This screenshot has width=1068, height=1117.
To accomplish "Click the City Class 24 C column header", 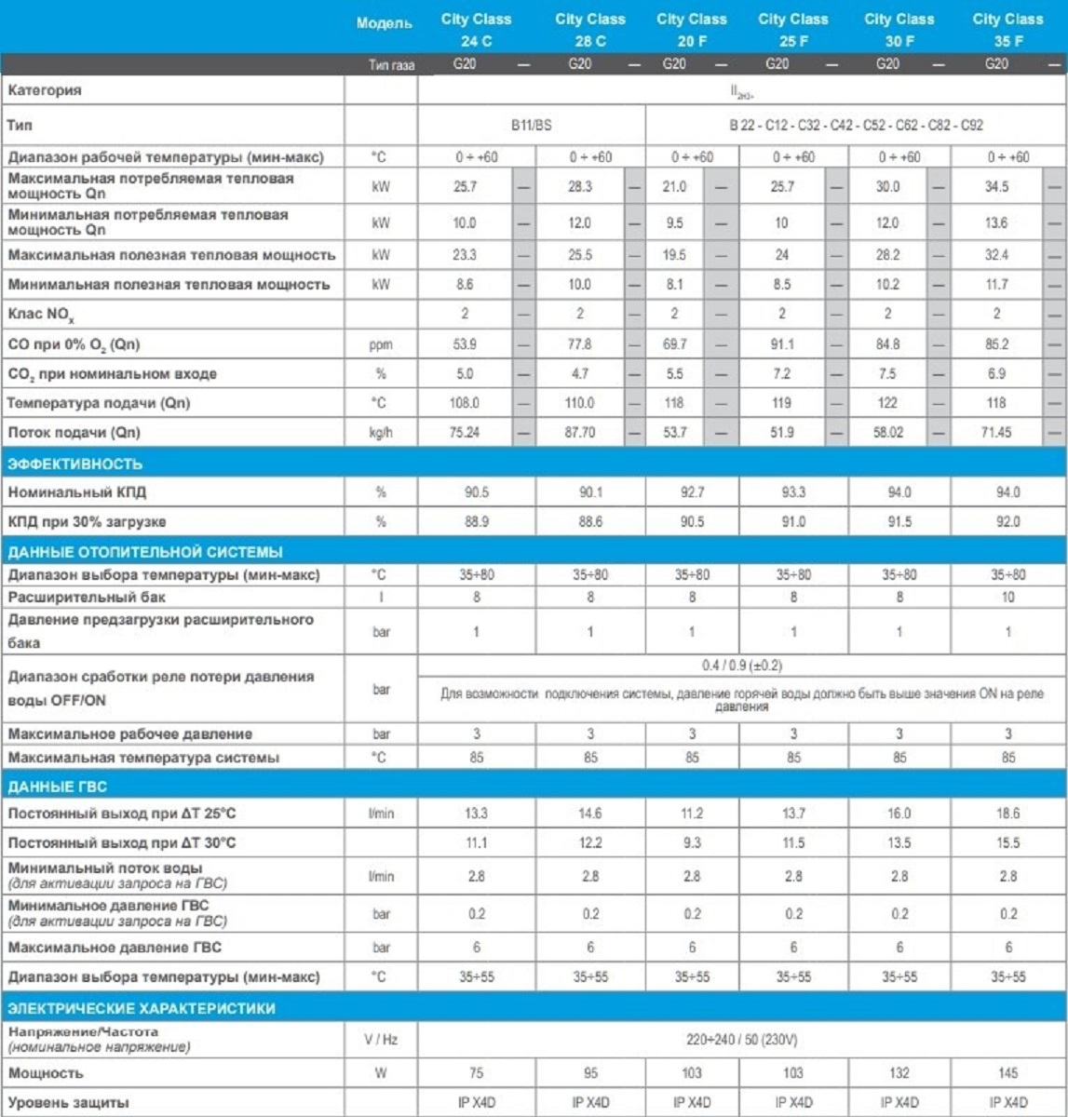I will click(476, 30).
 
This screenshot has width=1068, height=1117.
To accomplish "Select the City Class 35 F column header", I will click(1007, 30).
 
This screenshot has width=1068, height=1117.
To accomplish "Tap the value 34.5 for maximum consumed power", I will click(996, 187).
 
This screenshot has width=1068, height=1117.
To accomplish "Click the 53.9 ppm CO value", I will click(465, 344).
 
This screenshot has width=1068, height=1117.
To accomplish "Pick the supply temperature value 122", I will click(887, 403).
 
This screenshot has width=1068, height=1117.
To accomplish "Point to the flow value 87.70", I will click(579, 433).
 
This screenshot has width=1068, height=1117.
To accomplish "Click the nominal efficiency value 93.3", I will click(793, 492).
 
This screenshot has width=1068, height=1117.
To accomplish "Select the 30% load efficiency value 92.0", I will click(1007, 522).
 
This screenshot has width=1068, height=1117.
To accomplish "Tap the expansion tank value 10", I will click(1007, 598).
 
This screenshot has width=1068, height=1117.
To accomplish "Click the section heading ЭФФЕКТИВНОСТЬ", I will click(75, 464).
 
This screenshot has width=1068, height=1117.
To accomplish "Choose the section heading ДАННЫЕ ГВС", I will click(58, 787).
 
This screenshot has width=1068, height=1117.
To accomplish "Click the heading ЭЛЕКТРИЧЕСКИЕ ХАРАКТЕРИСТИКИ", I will click(142, 1008).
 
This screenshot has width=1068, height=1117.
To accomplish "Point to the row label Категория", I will click(45, 90).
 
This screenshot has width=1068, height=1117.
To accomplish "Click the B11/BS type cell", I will click(532, 124).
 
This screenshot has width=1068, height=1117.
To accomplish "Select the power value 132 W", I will click(899, 1073).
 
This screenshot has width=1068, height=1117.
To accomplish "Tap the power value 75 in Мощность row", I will click(476, 1073).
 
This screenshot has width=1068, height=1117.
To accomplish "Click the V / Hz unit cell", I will click(381, 1039).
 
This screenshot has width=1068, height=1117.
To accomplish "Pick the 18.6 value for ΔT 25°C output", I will click(1007, 814).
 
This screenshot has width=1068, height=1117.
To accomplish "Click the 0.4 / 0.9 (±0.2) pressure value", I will click(741, 666).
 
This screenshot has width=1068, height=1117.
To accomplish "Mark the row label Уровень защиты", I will click(69, 1102).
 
